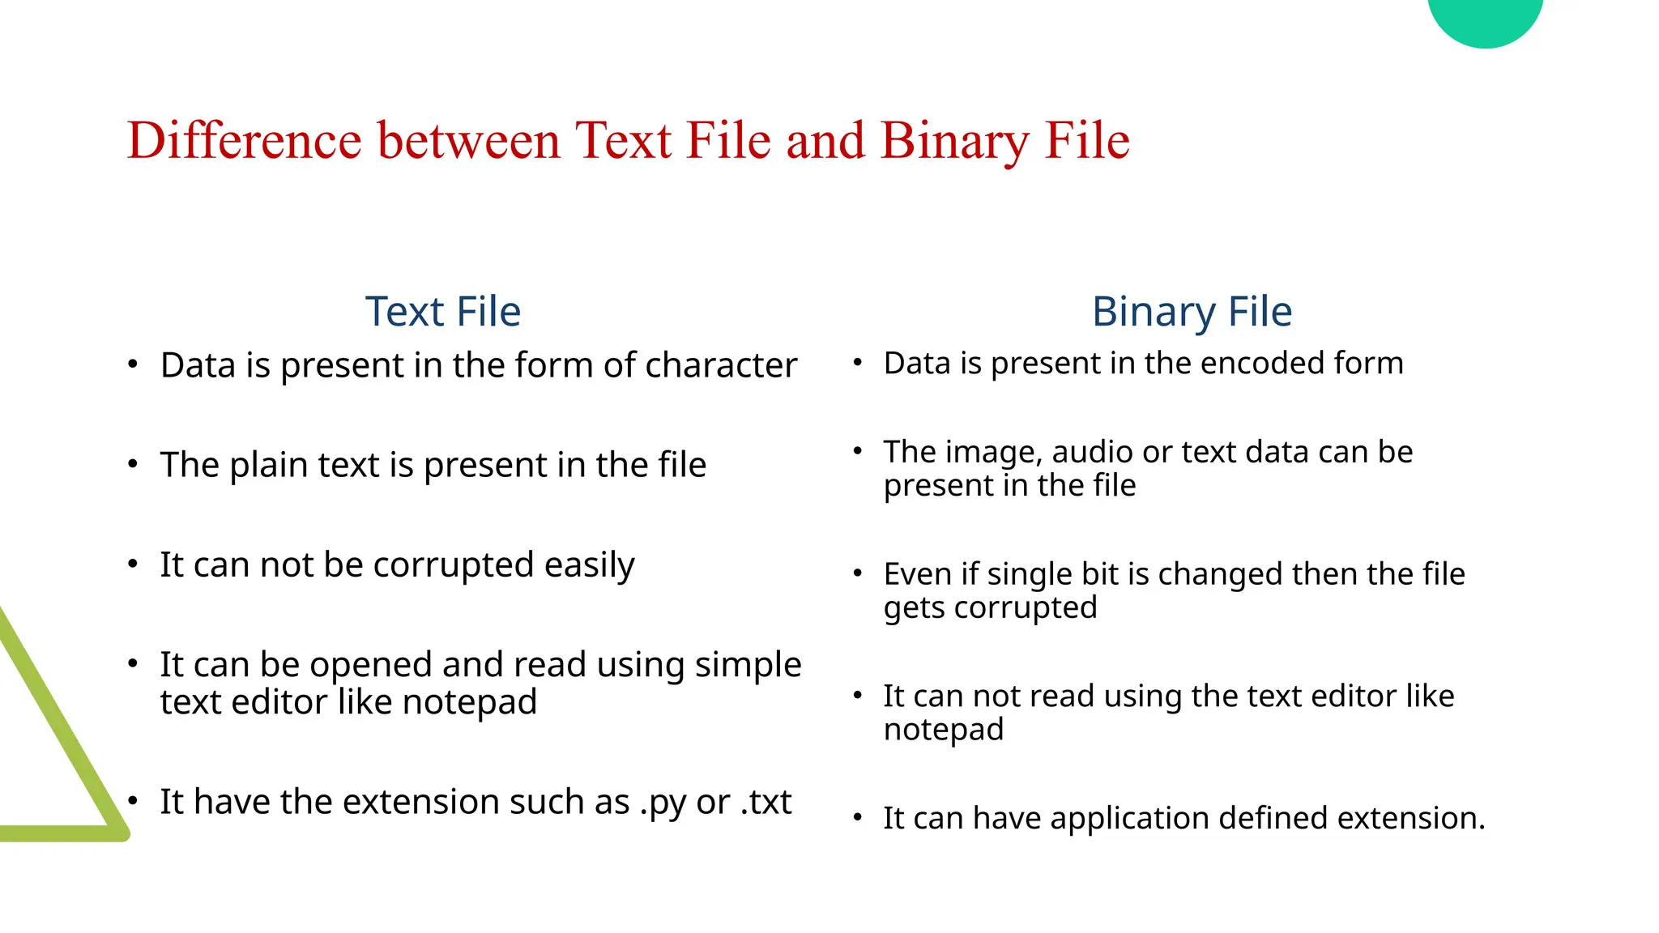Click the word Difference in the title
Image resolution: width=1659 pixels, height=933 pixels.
click(244, 141)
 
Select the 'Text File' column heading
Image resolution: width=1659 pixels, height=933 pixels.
click(442, 312)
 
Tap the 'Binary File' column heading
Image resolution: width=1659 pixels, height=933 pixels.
click(1192, 312)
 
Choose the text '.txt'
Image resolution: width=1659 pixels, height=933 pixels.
click(766, 803)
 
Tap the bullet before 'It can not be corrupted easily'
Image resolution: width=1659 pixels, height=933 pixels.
click(133, 564)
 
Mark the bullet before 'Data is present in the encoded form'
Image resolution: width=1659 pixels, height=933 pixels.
click(857, 362)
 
